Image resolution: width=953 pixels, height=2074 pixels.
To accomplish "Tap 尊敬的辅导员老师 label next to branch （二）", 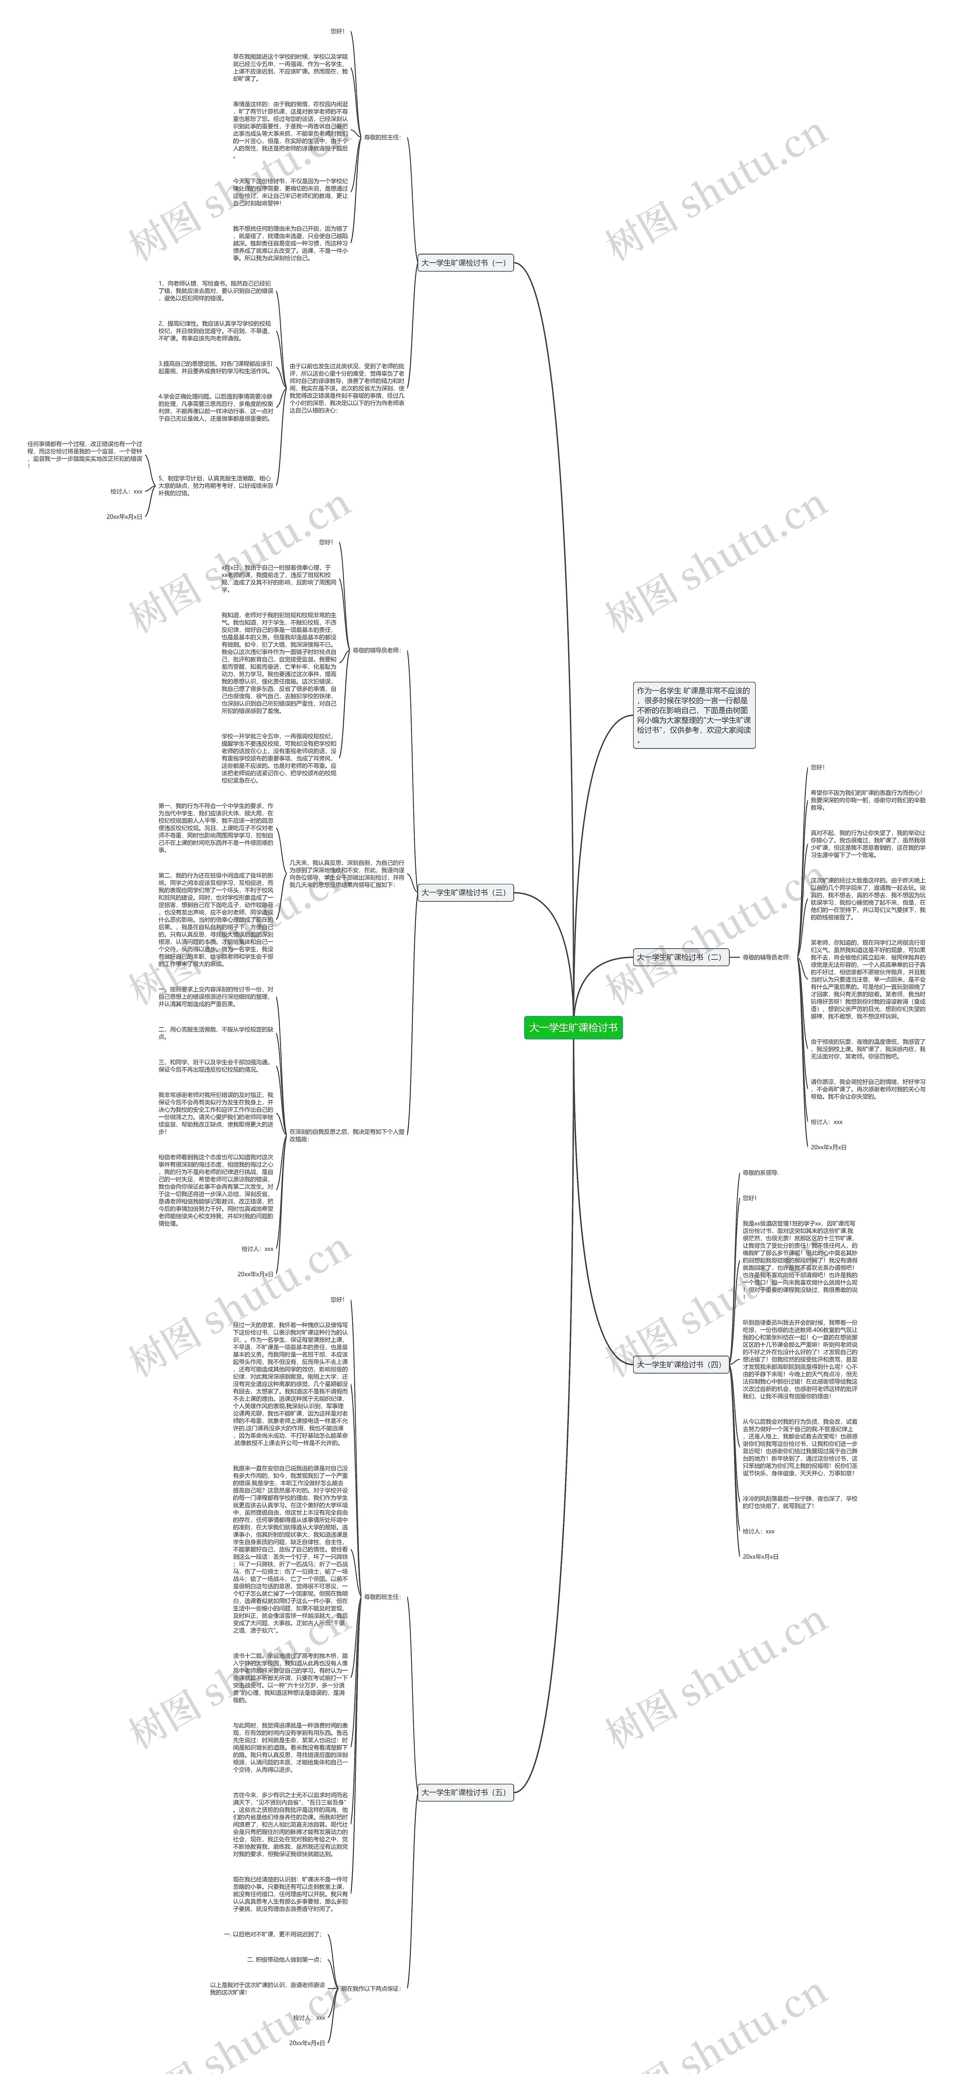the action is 766,957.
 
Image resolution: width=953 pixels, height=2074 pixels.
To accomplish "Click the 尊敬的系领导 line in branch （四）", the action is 761,1173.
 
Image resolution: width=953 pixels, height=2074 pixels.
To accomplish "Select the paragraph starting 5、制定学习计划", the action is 216,485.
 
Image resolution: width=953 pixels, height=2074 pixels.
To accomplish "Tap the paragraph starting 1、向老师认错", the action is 216,291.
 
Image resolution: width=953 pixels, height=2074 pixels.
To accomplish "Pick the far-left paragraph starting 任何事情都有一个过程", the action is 85,454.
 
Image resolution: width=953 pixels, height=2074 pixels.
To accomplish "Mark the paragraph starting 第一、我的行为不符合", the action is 216,828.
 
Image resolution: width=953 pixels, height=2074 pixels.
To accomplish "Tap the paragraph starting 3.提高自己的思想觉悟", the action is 216,367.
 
